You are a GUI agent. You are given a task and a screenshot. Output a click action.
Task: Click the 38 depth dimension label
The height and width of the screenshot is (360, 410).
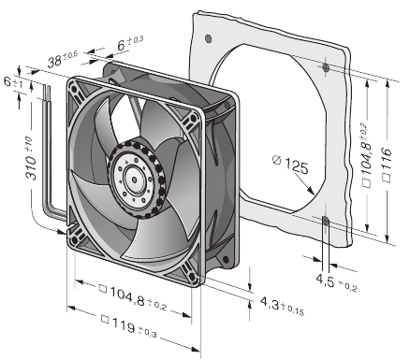pos(63,59)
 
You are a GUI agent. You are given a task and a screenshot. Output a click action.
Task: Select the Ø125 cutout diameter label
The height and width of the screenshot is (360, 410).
pos(290,165)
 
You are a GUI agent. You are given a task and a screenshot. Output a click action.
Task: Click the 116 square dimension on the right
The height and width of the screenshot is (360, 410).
pos(387,162)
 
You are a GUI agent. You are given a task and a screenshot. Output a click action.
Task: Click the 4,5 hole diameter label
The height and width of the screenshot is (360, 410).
pos(336,282)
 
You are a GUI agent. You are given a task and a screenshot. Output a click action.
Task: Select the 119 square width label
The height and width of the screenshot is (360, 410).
pos(129,327)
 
